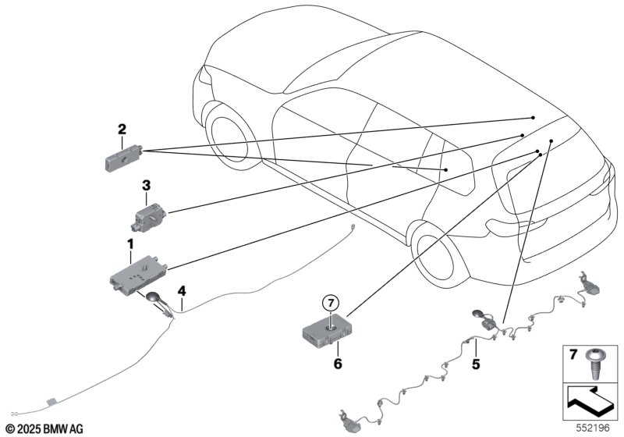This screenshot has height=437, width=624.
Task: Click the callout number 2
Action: (122, 129)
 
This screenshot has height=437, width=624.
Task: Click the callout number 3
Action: (145, 185)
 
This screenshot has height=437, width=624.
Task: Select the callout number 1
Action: (130, 244)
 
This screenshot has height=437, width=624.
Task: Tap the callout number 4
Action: (181, 291)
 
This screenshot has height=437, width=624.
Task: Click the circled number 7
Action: (330, 301)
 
